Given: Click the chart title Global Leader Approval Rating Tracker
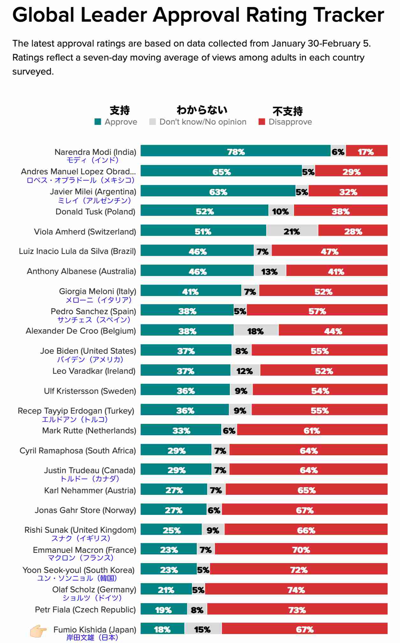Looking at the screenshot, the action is click(198, 15).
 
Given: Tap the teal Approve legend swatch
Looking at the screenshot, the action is click(98, 122).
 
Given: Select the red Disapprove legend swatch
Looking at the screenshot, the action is click(262, 122).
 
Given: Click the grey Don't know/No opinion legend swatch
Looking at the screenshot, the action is click(153, 122).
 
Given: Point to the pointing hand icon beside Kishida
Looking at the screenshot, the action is click(38, 631).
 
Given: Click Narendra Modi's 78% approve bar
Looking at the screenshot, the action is click(236, 151).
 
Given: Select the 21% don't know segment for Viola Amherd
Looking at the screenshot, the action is click(292, 230).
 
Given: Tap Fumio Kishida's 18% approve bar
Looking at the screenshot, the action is click(162, 628).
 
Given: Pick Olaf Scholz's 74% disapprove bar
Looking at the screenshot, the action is click(296, 589).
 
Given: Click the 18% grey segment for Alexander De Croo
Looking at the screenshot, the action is click(256, 330).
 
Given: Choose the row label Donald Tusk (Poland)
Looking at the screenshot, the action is click(95, 212).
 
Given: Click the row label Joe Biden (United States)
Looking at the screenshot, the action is click(88, 351).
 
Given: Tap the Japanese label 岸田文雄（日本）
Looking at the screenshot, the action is click(92, 637).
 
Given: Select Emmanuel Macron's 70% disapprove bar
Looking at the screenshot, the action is click(301, 549).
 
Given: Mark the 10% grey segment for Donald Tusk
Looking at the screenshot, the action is click(281, 210).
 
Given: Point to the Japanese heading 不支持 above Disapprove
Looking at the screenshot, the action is click(287, 111).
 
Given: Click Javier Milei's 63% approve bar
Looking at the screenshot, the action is click(218, 191).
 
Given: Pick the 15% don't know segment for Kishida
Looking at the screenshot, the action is click(203, 628).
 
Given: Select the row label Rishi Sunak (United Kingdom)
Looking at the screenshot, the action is click(80, 530).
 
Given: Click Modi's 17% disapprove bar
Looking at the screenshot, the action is click(367, 151).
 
